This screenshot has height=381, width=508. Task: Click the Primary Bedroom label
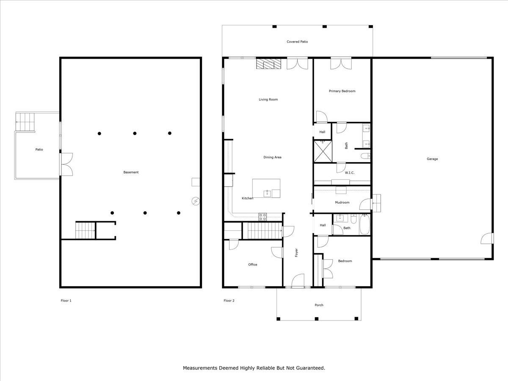(342, 91)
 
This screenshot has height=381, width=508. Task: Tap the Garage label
(432, 159)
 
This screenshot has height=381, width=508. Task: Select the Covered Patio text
(297, 42)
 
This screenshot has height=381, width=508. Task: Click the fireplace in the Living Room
(268, 63)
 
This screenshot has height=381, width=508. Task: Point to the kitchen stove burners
(263, 217)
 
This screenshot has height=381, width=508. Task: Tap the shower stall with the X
(323, 151)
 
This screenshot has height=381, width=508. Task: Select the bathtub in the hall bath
(365, 225)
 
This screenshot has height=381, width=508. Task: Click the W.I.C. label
(350, 173)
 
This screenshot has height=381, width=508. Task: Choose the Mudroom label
(342, 202)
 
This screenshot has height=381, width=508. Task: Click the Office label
(253, 265)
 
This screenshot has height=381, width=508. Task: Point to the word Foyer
(296, 253)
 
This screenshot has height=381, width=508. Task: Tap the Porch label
(319, 305)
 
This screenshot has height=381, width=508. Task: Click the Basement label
(131, 172)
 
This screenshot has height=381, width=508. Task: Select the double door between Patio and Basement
(66, 164)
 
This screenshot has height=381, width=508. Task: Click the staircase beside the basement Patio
(25, 122)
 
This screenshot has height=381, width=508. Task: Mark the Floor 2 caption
(229, 301)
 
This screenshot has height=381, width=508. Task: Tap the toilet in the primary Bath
(365, 156)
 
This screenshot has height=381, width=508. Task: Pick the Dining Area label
(272, 157)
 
